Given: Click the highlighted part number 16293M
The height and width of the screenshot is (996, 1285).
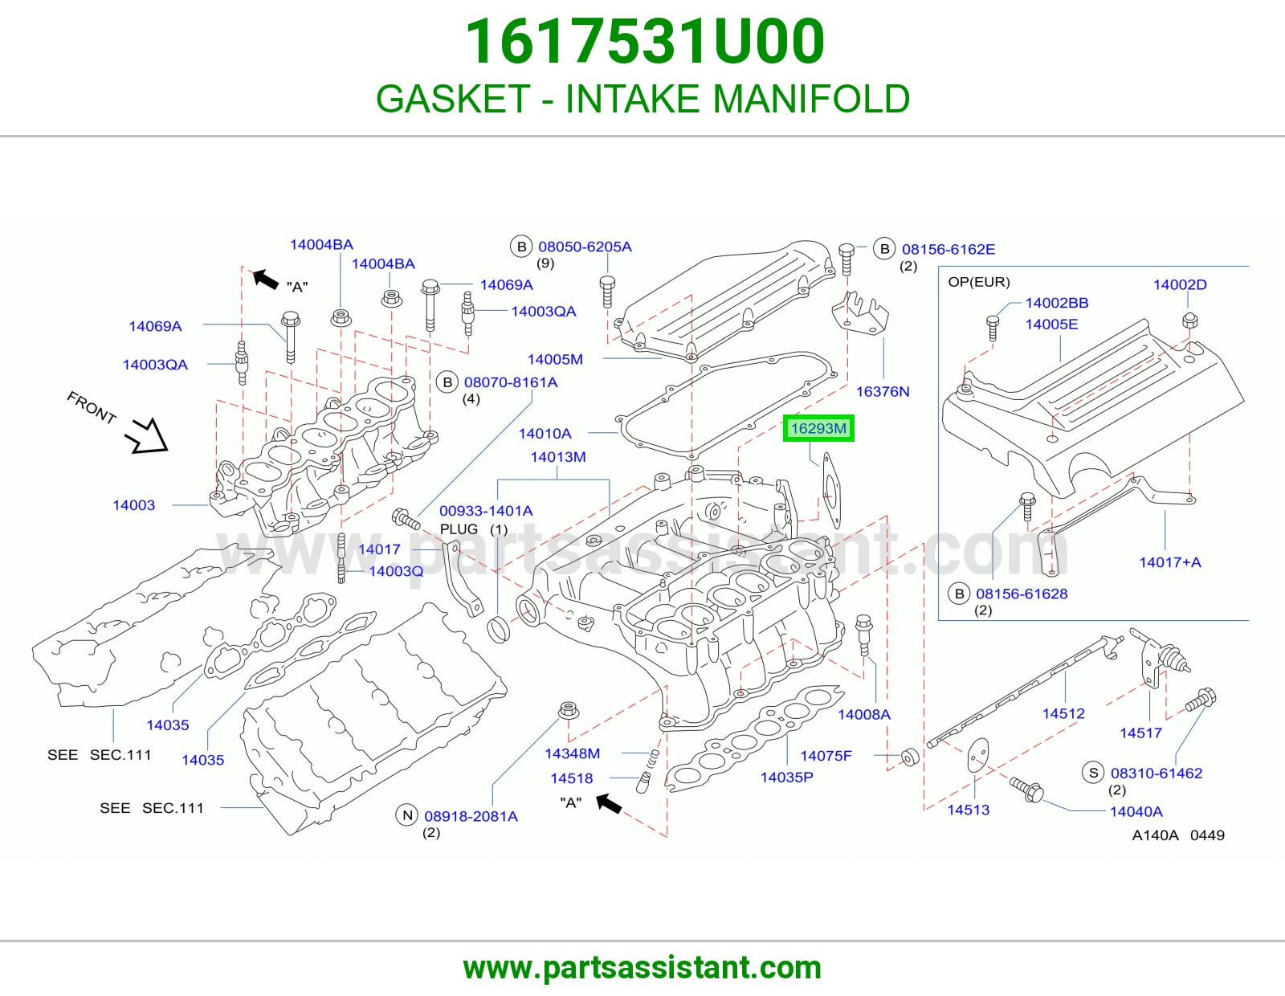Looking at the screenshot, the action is coord(818,428).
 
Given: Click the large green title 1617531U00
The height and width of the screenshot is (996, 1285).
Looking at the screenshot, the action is coord(645,42).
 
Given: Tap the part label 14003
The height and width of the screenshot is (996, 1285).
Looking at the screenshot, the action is coord(133,505).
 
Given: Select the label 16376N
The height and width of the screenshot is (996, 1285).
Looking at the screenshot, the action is coord(883,391).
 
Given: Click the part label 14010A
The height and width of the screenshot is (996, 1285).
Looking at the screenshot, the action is coord(545,434).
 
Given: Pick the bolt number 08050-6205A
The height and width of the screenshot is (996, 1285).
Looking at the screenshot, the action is coord(585,247).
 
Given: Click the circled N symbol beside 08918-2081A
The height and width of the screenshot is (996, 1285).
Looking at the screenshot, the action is coord(407,815).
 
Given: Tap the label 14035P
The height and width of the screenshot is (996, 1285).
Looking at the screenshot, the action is coord(786,778).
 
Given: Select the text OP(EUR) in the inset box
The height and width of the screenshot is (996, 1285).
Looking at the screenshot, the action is coord(979,281).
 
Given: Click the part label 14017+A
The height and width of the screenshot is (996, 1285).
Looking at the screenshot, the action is coord(1170,562).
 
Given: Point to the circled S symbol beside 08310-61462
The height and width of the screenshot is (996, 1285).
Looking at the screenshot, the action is coord(1093,773).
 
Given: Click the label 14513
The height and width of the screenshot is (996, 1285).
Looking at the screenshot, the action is coord(968,810).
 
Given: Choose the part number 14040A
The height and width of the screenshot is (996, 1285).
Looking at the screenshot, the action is coord(1136,811).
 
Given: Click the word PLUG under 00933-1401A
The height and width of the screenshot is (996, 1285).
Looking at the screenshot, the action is coord(459,529).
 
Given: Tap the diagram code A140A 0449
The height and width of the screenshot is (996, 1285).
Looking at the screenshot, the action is coord(1178,835).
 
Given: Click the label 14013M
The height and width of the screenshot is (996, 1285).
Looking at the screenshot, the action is coord(557,456).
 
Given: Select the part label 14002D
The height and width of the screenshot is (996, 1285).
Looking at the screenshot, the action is coord(1180,284).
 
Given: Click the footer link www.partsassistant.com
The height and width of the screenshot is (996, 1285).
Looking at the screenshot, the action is coord(642,968).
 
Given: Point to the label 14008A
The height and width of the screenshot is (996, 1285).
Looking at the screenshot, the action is coord(864,715).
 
